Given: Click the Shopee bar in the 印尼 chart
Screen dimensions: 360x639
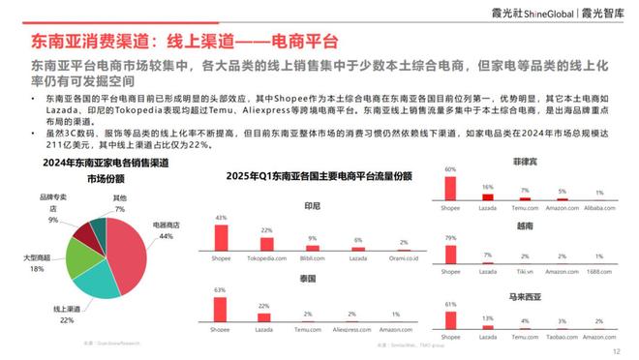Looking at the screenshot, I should (222, 237).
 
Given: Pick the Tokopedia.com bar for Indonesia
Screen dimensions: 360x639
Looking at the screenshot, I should (266, 244).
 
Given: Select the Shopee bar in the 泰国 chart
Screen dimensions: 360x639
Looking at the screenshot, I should (222, 310).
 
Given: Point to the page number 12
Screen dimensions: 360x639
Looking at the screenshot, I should (616, 352).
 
